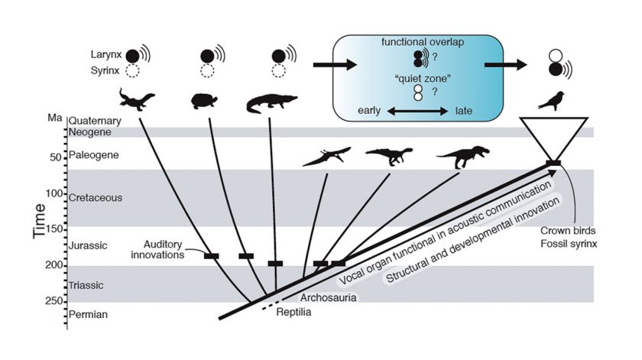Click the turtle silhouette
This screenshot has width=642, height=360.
tap(204, 101)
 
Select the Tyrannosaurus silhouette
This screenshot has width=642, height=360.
tap(463, 156)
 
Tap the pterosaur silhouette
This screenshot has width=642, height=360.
tap(327, 157)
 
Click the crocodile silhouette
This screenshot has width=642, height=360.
tap(271, 103)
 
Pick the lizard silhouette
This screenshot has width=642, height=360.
tap(137, 99)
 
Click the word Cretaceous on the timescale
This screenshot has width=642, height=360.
tap(96, 198)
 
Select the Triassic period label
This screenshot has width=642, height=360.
tap(86, 285)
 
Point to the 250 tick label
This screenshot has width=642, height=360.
tap(54, 301)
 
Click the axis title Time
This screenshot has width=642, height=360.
tap(39, 221)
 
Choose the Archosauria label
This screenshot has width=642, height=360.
tap(329, 297)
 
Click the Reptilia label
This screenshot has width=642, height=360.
tap(293, 312)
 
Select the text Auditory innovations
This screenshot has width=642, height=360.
tap(158, 249)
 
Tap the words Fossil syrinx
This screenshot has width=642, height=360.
tap(569, 244)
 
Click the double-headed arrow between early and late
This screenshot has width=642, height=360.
tap(417, 111)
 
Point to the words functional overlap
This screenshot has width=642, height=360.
tap(423, 42)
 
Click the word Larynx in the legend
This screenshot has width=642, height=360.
tap(106, 54)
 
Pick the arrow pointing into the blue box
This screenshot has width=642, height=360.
tap(335, 65)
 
